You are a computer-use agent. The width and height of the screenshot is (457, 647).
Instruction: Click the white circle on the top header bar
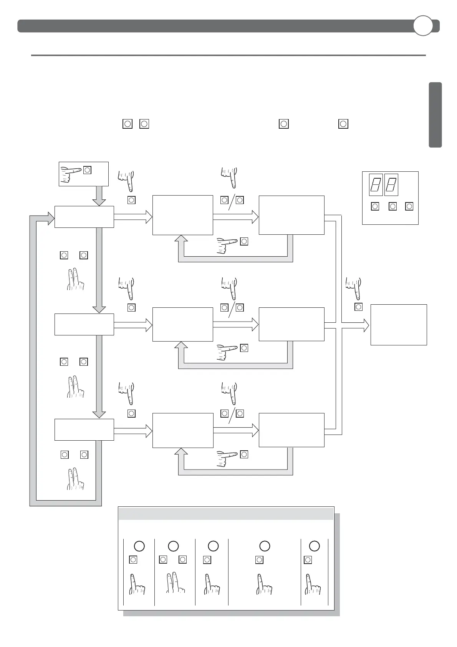(423, 26)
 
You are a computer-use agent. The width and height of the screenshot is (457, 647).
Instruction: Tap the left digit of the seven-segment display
(376, 185)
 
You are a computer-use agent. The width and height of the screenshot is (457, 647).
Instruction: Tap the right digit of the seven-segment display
(391, 185)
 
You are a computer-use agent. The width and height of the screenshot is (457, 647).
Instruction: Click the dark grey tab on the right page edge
(435, 114)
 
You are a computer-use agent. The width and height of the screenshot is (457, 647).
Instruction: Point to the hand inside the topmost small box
(71, 173)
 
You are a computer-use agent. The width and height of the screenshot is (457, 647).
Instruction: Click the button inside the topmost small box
(87, 170)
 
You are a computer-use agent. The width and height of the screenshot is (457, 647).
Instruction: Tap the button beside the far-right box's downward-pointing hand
(358, 307)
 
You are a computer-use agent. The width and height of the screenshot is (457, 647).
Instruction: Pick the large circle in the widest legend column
(265, 546)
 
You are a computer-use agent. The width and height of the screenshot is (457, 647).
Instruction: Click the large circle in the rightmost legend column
(315, 546)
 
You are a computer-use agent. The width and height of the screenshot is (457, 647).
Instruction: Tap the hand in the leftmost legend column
(136, 584)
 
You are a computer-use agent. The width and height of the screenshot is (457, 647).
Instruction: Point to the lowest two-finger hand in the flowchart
(75, 479)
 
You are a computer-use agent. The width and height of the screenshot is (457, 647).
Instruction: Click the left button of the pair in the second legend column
(163, 559)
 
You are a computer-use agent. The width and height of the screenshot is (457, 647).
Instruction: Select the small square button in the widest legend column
(259, 560)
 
